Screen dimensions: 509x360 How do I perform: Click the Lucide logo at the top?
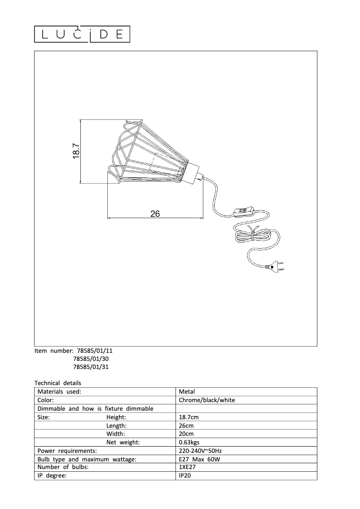click(83, 35)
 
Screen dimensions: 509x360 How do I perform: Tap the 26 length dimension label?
click(155, 214)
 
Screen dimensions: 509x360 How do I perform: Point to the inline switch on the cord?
click(244, 210)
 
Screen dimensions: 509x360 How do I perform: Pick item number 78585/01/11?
click(90, 351)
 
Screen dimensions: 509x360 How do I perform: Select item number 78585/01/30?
click(90, 359)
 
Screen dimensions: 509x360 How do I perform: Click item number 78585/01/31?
click(90, 367)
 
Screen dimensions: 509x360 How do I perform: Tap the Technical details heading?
click(58, 383)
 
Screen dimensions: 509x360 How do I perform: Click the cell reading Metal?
click(187, 391)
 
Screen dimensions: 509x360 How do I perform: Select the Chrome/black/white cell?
click(206, 400)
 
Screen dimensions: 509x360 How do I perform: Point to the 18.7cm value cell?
click(189, 417)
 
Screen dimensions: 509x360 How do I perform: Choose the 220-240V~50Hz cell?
click(200, 451)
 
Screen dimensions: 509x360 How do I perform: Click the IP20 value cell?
click(185, 476)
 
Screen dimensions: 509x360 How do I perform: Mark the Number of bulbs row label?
click(63, 467)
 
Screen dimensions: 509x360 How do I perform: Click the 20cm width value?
click(186, 434)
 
